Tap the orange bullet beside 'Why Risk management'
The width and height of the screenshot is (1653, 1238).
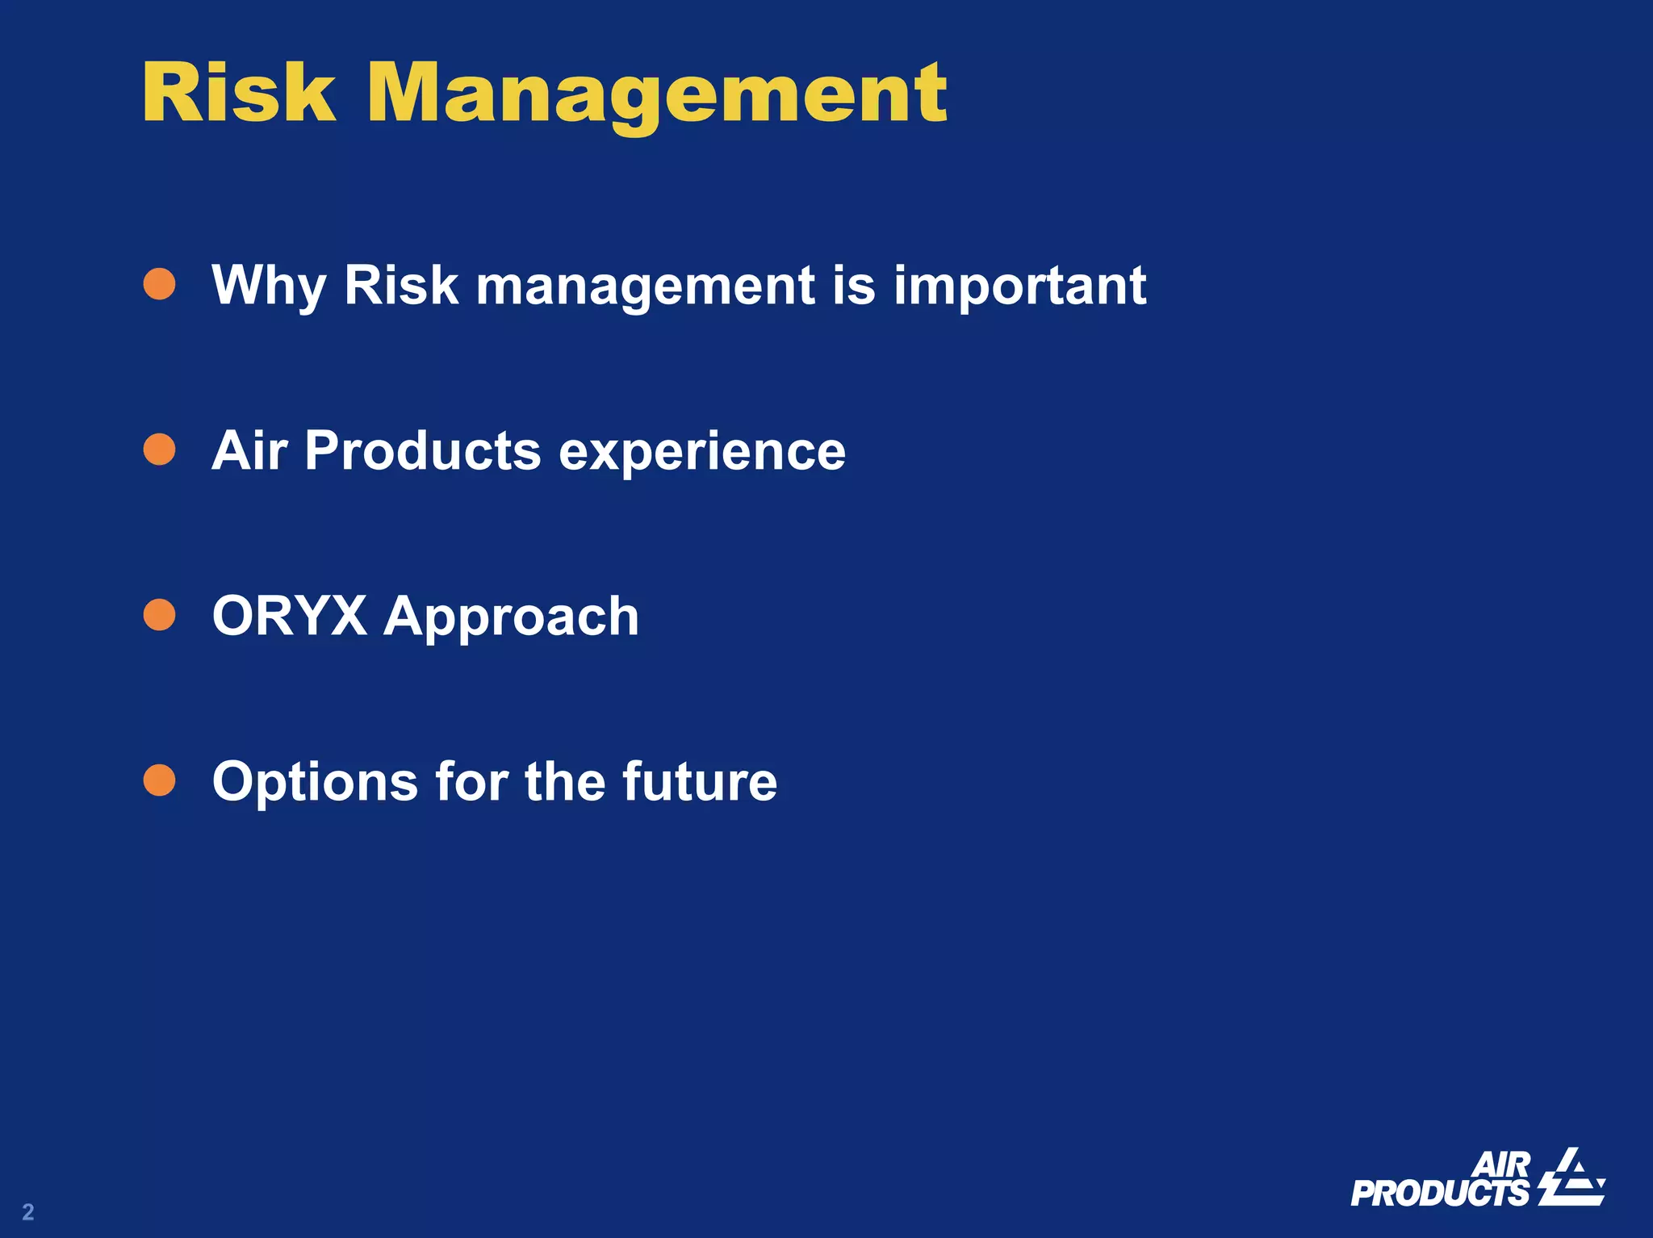click(x=160, y=284)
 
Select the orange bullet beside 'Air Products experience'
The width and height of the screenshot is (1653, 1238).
click(x=160, y=450)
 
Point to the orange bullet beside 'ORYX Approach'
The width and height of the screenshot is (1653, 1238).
click(x=160, y=615)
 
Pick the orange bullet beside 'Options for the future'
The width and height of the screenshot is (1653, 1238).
click(x=160, y=780)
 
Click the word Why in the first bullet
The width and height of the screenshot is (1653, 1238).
click(x=269, y=286)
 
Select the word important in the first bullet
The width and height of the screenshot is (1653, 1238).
click(x=1019, y=286)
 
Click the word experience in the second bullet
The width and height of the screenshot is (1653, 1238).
click(x=702, y=452)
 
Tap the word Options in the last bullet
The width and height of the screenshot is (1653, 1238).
click(x=315, y=783)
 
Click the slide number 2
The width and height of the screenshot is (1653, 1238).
click(x=28, y=1211)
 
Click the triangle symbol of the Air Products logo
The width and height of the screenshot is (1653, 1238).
click(x=1571, y=1177)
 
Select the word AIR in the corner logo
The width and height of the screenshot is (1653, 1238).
click(x=1501, y=1165)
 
